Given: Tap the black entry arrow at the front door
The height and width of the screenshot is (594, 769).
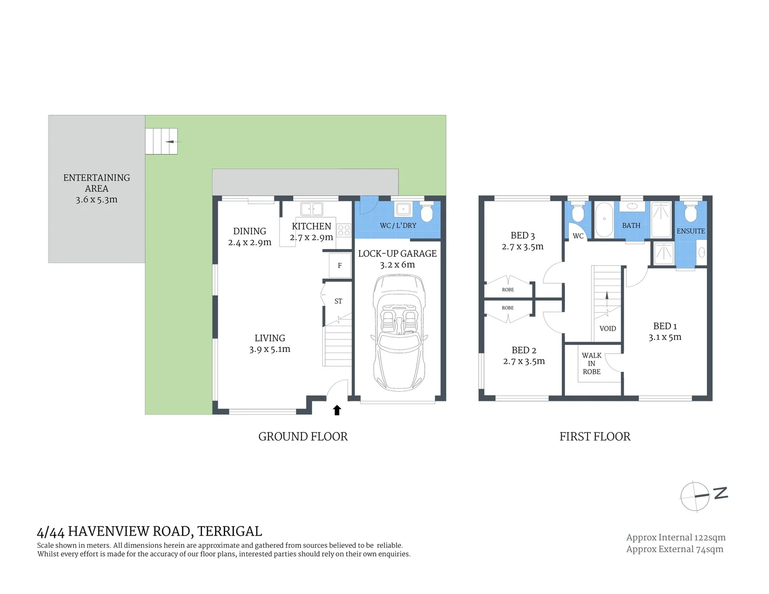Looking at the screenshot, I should click(x=337, y=410).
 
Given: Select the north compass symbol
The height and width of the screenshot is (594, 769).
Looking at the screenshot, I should click(x=704, y=496).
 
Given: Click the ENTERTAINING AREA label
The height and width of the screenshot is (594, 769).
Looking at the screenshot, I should click(x=97, y=183).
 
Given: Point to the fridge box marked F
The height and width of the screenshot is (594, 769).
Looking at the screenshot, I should click(x=340, y=266).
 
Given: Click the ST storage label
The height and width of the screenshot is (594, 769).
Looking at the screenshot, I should click(x=338, y=301).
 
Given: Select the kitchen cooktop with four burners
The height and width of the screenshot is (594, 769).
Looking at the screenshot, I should click(x=344, y=230).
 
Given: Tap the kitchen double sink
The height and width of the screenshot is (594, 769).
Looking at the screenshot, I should click(x=311, y=209).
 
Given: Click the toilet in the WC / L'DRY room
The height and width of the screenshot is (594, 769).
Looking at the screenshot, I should click(x=426, y=212).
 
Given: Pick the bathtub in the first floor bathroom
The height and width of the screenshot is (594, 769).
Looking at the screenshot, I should click(x=604, y=220).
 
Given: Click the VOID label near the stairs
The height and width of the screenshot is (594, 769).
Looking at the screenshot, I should click(x=607, y=328).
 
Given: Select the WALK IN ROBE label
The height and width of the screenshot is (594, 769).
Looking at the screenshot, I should click(x=591, y=364).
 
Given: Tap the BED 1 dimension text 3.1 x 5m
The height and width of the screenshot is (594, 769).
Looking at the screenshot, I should click(x=664, y=337).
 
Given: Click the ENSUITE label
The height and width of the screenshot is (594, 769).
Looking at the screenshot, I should click(x=690, y=231).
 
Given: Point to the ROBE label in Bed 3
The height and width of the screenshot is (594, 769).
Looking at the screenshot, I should click(x=508, y=289).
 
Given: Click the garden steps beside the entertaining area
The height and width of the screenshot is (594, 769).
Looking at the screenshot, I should click(x=161, y=141).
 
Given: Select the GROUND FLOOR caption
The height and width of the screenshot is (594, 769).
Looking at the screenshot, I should click(x=303, y=437).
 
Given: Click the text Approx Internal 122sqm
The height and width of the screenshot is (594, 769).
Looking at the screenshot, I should click(x=675, y=537).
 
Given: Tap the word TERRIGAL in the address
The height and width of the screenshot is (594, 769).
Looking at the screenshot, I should click(x=229, y=531).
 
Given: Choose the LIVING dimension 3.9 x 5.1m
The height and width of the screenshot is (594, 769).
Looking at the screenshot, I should click(x=270, y=349).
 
